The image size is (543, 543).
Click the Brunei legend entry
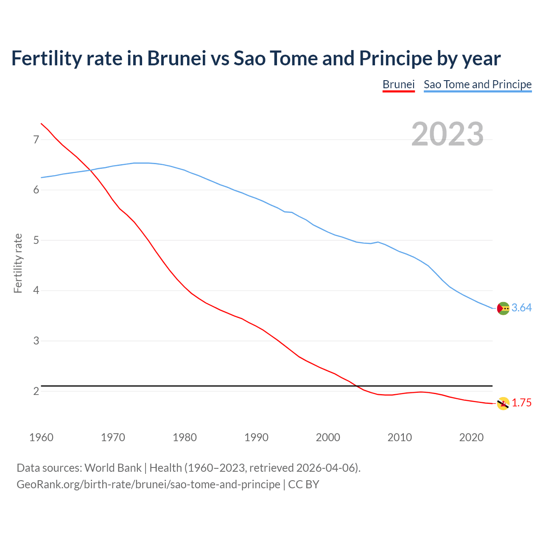[398, 84]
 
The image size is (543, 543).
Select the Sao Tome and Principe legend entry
[477, 84]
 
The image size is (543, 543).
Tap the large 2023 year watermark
[447, 134]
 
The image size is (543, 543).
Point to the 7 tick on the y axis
[36, 140]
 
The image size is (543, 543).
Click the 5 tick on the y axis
[36, 241]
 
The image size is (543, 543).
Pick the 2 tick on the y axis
[36, 391]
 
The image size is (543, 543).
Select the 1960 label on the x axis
[41, 437]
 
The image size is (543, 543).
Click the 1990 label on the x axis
[256, 437]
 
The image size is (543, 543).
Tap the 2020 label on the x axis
[471, 437]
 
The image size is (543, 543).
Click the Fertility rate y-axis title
[18, 263]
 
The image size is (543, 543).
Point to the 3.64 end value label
[521, 308]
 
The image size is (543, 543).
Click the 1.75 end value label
[521, 403]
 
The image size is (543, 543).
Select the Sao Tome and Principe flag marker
[503, 308]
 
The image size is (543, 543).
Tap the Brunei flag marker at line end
[503, 403]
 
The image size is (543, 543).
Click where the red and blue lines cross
[90, 170]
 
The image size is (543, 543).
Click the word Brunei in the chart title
[176, 59]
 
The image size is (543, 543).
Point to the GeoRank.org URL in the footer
[148, 484]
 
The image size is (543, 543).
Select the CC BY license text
[304, 484]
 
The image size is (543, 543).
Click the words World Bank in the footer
[113, 468]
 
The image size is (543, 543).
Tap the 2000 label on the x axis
[328, 437]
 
